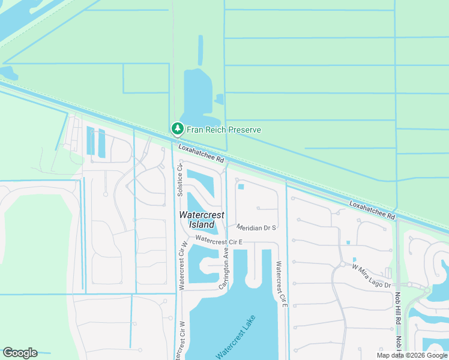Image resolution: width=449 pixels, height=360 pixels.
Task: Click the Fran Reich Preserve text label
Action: (224, 130)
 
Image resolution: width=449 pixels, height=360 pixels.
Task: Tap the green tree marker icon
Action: (177, 129)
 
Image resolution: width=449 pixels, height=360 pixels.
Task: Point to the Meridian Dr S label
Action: (256, 228)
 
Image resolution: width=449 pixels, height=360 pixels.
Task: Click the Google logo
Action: (20, 353)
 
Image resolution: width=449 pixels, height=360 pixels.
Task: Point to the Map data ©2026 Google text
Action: (412, 355)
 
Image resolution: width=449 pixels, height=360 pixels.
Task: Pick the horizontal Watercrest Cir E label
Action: (218, 241)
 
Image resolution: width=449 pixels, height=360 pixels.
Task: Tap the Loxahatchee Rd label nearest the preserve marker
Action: (200, 153)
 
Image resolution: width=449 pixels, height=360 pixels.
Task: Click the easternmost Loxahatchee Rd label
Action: (372, 210)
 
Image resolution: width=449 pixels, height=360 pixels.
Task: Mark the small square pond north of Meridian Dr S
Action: (241, 187)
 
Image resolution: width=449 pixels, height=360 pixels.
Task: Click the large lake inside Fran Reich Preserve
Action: (197, 96)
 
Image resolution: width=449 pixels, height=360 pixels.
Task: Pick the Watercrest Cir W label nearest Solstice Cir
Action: (182, 265)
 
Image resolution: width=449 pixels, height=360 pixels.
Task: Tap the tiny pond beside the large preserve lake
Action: (219, 99)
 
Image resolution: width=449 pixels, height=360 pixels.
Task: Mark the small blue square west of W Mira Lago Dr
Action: (348, 243)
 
